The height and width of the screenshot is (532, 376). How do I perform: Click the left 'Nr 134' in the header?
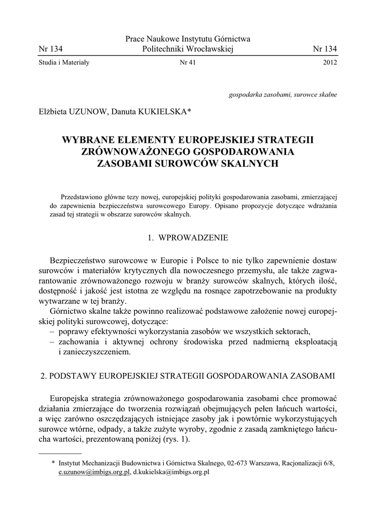pos(50,49)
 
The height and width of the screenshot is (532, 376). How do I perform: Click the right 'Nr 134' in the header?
pos(325,49)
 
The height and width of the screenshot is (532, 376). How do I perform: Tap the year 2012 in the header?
pos(330,63)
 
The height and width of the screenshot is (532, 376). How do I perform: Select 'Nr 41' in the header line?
pos(187,63)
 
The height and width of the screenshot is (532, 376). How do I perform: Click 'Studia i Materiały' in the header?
pos(64,63)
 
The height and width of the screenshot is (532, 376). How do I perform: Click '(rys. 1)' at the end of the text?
pos(175,439)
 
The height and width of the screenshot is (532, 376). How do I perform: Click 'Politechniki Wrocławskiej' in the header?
pos(188,49)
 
